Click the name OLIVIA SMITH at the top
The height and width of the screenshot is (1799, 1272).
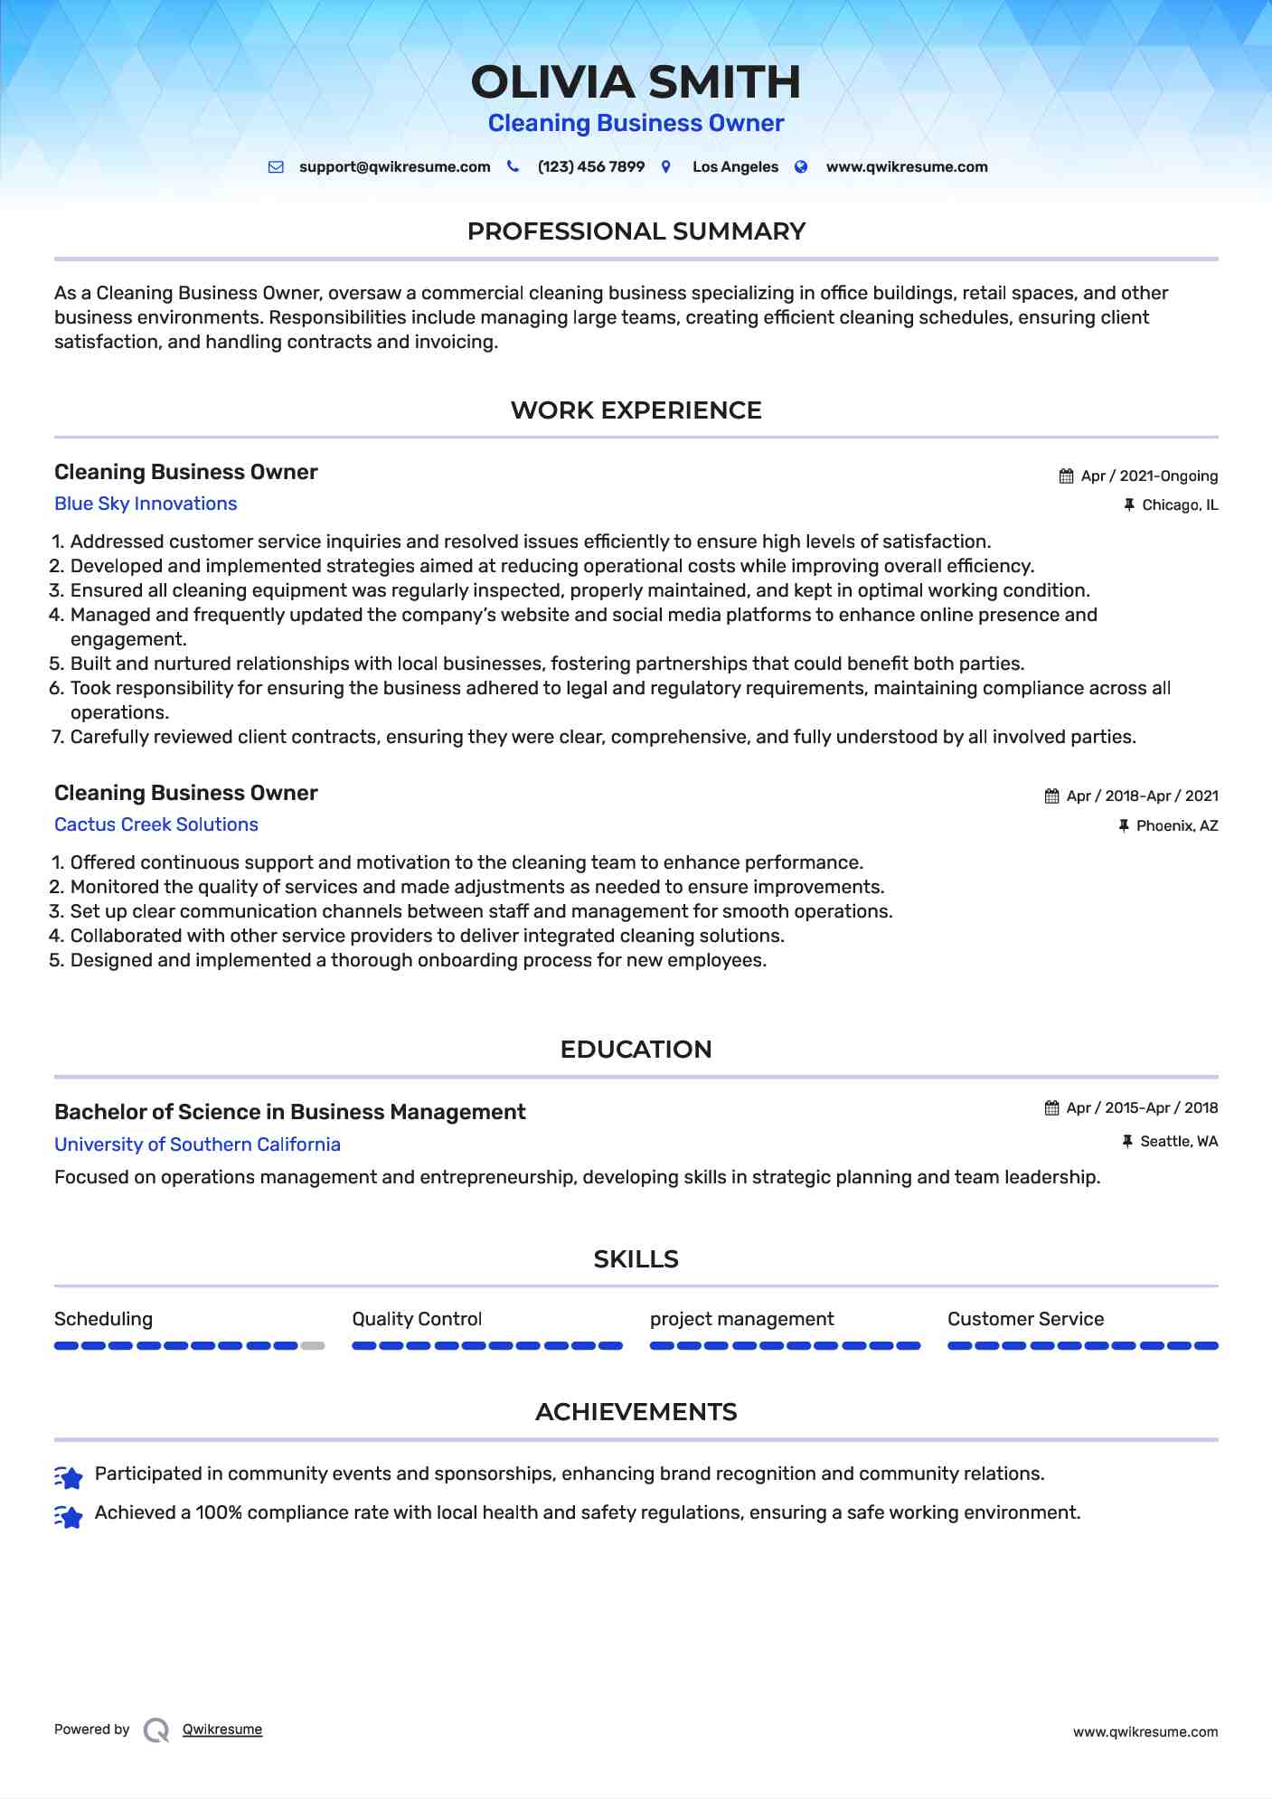pyautogui.click(x=636, y=82)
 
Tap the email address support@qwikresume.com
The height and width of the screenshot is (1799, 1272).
pyautogui.click(x=394, y=167)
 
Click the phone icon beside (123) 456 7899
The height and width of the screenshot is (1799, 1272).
pyautogui.click(x=513, y=166)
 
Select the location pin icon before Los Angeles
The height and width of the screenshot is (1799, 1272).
pyautogui.click(x=666, y=166)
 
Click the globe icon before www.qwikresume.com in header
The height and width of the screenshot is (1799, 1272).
pyautogui.click(x=801, y=166)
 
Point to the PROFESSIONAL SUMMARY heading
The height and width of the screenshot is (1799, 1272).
pyautogui.click(x=636, y=231)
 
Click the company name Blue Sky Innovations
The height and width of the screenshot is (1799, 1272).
pyautogui.click(x=146, y=504)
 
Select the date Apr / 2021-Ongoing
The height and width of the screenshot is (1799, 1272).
pyautogui.click(x=1149, y=476)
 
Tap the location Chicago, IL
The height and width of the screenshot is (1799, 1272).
pyautogui.click(x=1180, y=505)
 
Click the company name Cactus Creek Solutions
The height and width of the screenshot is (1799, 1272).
pyautogui.click(x=156, y=824)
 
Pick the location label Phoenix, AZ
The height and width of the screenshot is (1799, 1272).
pyautogui.click(x=1177, y=826)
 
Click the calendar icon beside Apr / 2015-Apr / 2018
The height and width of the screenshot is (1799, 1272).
pyautogui.click(x=1051, y=1108)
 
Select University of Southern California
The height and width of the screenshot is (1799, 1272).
pyautogui.click(x=197, y=1144)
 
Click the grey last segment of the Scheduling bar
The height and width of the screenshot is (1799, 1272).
pyautogui.click(x=313, y=1346)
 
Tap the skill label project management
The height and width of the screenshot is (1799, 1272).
pyautogui.click(x=741, y=1319)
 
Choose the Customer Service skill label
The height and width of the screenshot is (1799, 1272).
pyautogui.click(x=1025, y=1319)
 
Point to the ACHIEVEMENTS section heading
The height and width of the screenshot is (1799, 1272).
pyautogui.click(x=636, y=1412)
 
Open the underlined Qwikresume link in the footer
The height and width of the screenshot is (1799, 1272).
pyautogui.click(x=222, y=1729)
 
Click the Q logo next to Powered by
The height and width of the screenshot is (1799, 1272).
pyautogui.click(x=156, y=1730)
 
